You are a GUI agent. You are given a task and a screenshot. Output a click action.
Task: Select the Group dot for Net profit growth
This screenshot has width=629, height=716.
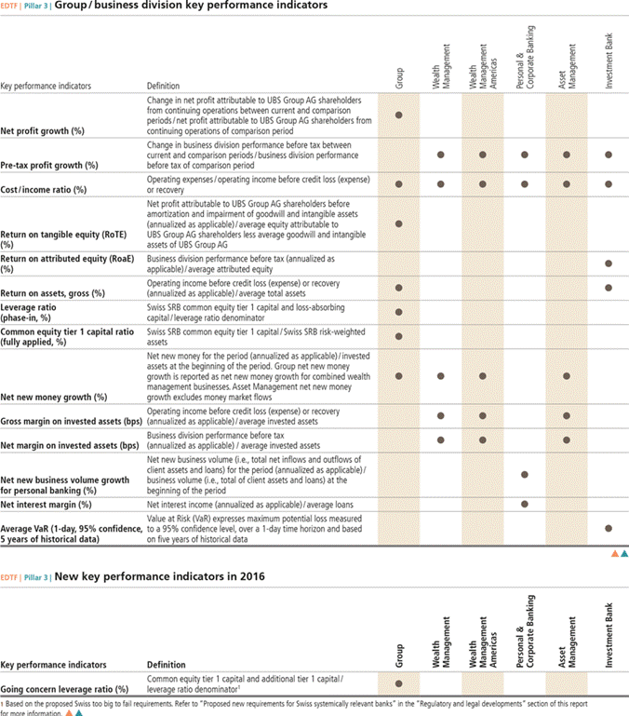click(x=399, y=115)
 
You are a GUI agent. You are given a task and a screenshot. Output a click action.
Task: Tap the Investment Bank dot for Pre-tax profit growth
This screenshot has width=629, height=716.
click(x=609, y=155)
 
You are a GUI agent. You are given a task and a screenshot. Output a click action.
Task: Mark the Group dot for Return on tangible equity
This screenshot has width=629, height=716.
click(x=399, y=223)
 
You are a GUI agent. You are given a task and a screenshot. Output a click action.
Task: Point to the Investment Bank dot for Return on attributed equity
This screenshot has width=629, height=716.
click(x=609, y=264)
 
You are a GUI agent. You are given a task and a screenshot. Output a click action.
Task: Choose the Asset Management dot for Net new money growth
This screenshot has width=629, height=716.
click(x=567, y=376)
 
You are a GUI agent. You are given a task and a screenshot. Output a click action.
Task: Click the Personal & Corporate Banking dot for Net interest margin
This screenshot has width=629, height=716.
click(x=525, y=504)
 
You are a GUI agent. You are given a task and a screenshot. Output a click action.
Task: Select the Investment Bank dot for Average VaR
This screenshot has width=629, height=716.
click(x=609, y=528)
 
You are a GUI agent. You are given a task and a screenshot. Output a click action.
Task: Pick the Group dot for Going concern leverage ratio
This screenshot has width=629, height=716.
click(x=399, y=683)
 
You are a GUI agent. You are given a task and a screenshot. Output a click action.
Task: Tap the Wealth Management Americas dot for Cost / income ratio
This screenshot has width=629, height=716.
click(x=483, y=184)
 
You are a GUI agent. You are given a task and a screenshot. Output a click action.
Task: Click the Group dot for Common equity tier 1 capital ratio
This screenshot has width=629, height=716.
click(x=399, y=335)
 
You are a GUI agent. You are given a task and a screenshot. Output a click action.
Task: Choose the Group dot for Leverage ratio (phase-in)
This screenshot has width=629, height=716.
click(x=399, y=312)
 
